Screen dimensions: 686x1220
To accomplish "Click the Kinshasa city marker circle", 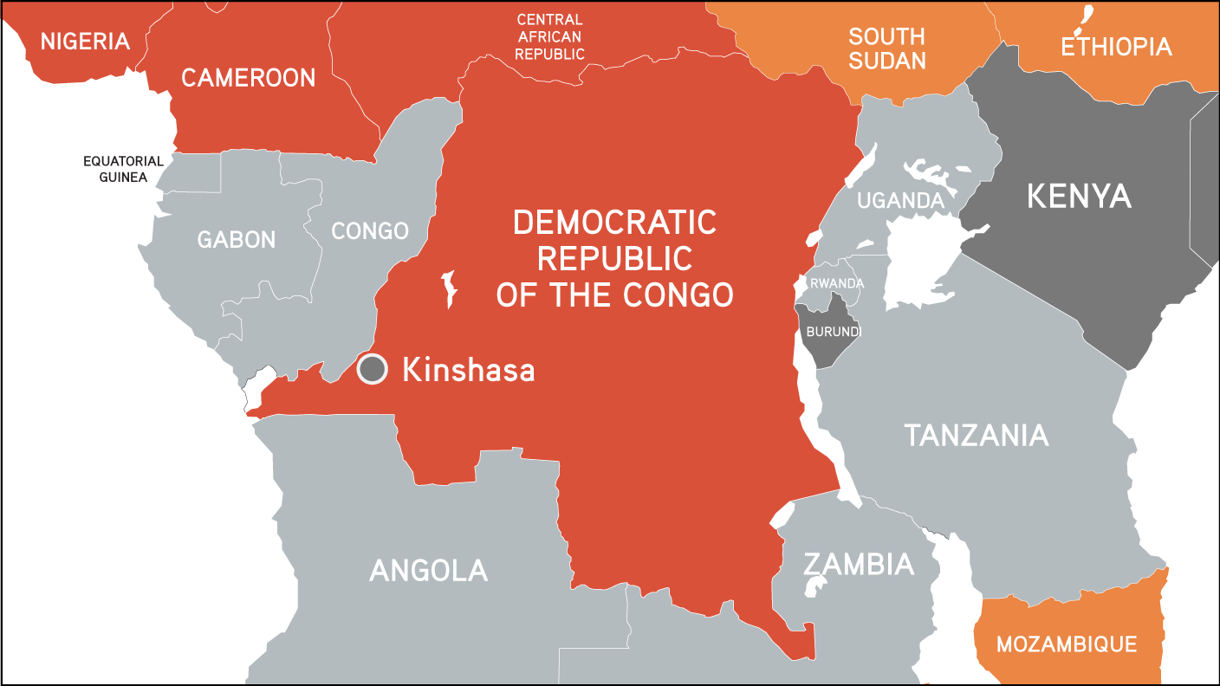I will [373, 369].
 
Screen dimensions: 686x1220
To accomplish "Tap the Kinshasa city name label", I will [468, 370].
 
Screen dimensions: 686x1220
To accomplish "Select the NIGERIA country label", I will [85, 41].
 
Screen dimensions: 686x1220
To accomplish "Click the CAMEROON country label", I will [248, 78].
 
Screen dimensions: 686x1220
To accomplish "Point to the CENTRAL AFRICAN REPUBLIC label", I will [549, 36].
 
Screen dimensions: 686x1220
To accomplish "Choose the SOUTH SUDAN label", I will [886, 49].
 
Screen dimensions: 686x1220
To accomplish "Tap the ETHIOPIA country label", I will [1116, 46].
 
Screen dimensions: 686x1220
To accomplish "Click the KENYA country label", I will [1079, 196].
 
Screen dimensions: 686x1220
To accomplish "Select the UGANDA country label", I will [900, 201].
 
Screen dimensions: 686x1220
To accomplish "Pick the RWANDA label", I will [836, 283].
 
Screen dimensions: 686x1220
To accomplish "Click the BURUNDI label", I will [834, 331].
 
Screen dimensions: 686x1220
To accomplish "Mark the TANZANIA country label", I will [977, 435].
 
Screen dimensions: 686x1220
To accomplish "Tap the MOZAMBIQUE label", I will [1066, 644].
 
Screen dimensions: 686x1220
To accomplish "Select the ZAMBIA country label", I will [858, 565].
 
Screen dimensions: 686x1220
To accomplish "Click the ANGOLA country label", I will [428, 570].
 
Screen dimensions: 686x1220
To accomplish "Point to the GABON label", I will [236, 239].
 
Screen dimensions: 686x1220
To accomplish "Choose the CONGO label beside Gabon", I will [370, 231].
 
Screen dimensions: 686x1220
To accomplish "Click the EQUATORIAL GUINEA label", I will [123, 169].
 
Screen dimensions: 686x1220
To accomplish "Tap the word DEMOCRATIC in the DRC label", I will [614, 223].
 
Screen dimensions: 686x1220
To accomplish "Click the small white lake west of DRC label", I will [449, 288].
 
